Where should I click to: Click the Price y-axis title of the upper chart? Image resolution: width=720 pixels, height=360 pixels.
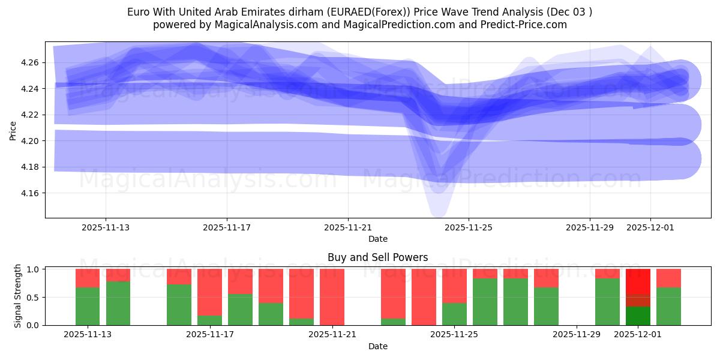pyautogui.click(x=13, y=130)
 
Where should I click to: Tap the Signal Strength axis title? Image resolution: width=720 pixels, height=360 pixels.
pyautogui.click(x=18, y=296)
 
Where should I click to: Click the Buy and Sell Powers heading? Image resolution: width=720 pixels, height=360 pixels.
pyautogui.click(x=377, y=257)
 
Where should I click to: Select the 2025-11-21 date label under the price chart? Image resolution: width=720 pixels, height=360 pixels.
pyautogui.click(x=348, y=227)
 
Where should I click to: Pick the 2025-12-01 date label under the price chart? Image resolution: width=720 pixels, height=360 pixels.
pyautogui.click(x=650, y=227)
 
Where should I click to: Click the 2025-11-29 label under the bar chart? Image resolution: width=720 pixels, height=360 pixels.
pyautogui.click(x=577, y=334)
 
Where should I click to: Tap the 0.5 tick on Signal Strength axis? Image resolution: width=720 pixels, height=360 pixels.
pyautogui.click(x=34, y=297)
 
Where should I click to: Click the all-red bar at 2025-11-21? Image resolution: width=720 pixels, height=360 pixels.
pyautogui.click(x=332, y=297)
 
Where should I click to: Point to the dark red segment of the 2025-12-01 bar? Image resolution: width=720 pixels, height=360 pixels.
pyautogui.click(x=638, y=300)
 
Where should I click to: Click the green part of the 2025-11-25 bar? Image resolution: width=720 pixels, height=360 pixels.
pyautogui.click(x=454, y=314)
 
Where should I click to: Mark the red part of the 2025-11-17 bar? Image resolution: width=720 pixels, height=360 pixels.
pyautogui.click(x=209, y=291)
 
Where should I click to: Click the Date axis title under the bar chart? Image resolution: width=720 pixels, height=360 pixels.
pyautogui.click(x=377, y=346)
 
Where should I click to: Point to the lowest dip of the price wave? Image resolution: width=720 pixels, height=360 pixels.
pyautogui.click(x=438, y=213)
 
